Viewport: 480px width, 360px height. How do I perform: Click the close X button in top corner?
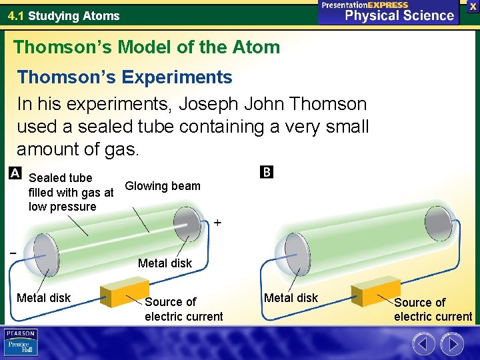(x=472, y=6)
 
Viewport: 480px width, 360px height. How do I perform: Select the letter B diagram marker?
(x=266, y=172)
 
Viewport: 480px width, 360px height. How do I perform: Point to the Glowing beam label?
(x=163, y=186)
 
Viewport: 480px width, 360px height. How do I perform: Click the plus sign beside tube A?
(x=217, y=223)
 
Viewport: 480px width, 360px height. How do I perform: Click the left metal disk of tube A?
(x=45, y=254)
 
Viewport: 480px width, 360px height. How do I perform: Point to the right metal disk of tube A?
(x=187, y=223)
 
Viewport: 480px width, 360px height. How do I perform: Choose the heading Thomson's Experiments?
(x=125, y=77)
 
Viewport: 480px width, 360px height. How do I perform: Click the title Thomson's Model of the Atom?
(x=147, y=47)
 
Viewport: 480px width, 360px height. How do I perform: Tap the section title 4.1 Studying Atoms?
(x=64, y=15)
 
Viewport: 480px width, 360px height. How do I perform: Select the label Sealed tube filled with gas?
(x=71, y=192)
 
